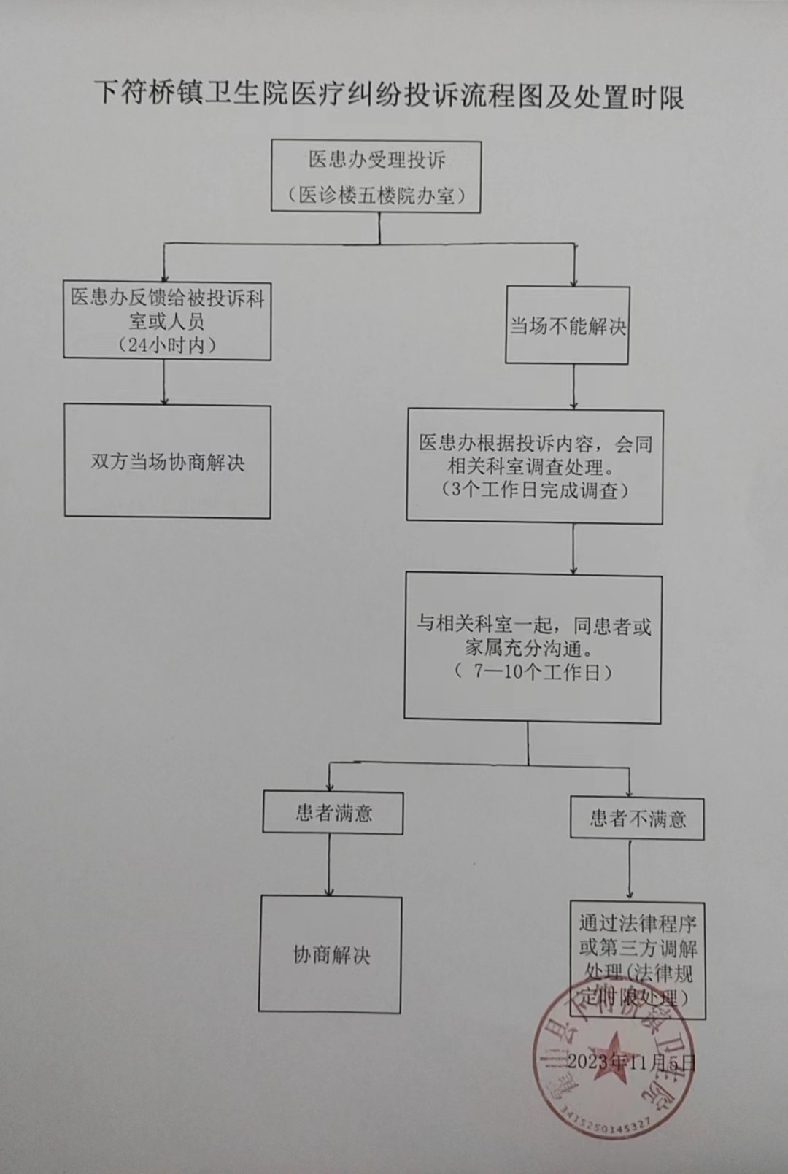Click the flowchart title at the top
pyautogui.click(x=390, y=96)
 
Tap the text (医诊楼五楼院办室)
pyautogui.click(x=376, y=195)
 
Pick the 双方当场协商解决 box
pyautogui.click(x=168, y=463)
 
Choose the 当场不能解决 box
pyautogui.click(x=568, y=325)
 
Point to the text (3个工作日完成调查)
pyautogui.click(x=535, y=490)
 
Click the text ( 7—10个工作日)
pyautogui.click(x=533, y=671)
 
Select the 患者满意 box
pyautogui.click(x=333, y=814)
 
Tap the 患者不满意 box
pyautogui.click(x=637, y=819)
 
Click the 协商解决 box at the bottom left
pyautogui.click(x=331, y=954)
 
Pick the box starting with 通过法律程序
pyautogui.click(x=638, y=959)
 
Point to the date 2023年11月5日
pyautogui.click(x=631, y=1060)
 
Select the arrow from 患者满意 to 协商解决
pyautogui.click(x=329, y=865)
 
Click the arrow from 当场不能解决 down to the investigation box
pyautogui.click(x=574, y=387)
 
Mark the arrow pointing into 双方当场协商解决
pyautogui.click(x=165, y=383)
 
